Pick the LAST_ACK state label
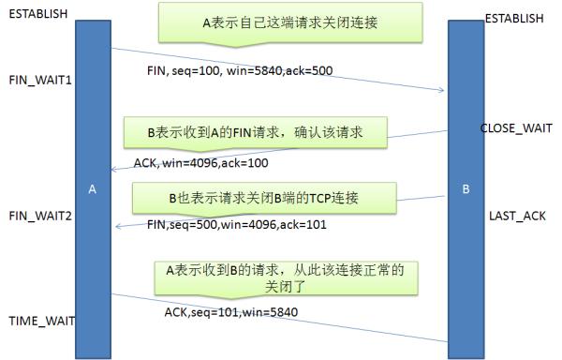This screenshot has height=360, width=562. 516,216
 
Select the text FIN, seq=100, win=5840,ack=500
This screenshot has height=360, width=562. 239,70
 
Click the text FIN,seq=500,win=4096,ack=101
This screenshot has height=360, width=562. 234,225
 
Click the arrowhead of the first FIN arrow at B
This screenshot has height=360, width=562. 442,91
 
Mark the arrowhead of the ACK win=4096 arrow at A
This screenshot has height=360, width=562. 113,170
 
